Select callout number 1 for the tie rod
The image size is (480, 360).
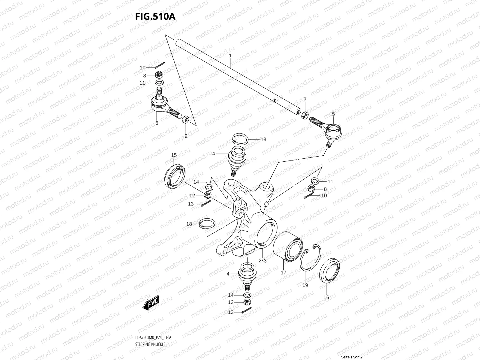pyautogui.click(x=230, y=56)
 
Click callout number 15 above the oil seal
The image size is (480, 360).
pyautogui.click(x=174, y=155)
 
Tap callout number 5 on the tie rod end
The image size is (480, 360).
pyautogui.click(x=333, y=114)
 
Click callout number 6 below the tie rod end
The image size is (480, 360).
pyautogui.click(x=157, y=123)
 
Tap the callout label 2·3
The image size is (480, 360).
pyautogui.click(x=262, y=260)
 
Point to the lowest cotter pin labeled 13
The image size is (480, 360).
pyautogui.click(x=247, y=311)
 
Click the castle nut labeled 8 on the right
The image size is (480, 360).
pyautogui.click(x=311, y=189)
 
